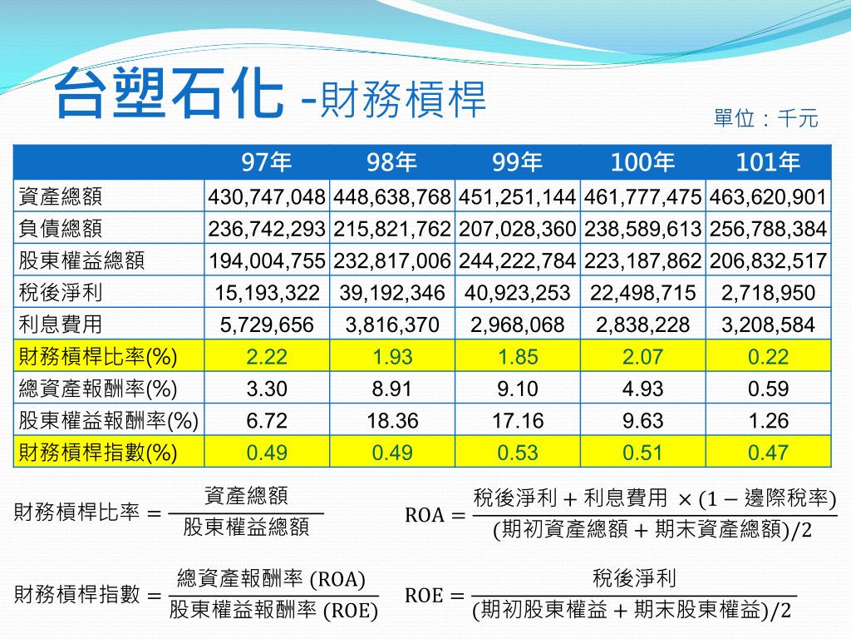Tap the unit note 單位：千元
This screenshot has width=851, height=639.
click(765, 119)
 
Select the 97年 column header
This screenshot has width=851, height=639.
click(267, 162)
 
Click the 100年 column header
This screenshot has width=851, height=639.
click(642, 162)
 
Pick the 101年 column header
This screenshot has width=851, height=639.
click(768, 162)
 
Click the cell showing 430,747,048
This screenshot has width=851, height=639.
click(267, 197)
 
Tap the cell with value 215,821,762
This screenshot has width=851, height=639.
click(392, 229)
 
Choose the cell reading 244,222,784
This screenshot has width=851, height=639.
click(517, 261)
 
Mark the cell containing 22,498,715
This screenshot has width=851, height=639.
click(642, 293)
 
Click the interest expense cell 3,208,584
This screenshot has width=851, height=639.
click(768, 324)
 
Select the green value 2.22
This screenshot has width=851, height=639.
click(267, 357)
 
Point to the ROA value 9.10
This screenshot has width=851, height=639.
click(517, 389)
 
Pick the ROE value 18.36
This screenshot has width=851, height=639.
click(392, 421)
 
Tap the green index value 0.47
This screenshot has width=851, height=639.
click(768, 453)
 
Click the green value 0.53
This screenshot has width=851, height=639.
click(517, 453)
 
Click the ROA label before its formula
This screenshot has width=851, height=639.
click(424, 516)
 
